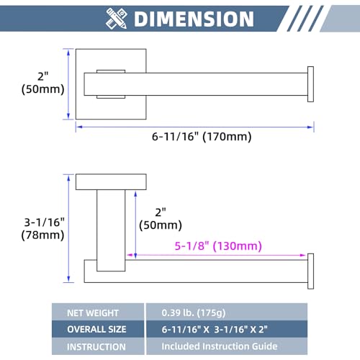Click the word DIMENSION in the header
pos(194,19)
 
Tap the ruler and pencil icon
pos(116,19)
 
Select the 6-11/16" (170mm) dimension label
pos(202,137)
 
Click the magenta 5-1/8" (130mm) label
pos(218,246)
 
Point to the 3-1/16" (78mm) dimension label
pos(43,228)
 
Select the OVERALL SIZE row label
pos(96,329)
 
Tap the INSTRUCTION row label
pos(96,347)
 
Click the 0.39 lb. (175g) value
pos(194,312)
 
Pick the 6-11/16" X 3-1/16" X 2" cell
pos(215,329)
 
